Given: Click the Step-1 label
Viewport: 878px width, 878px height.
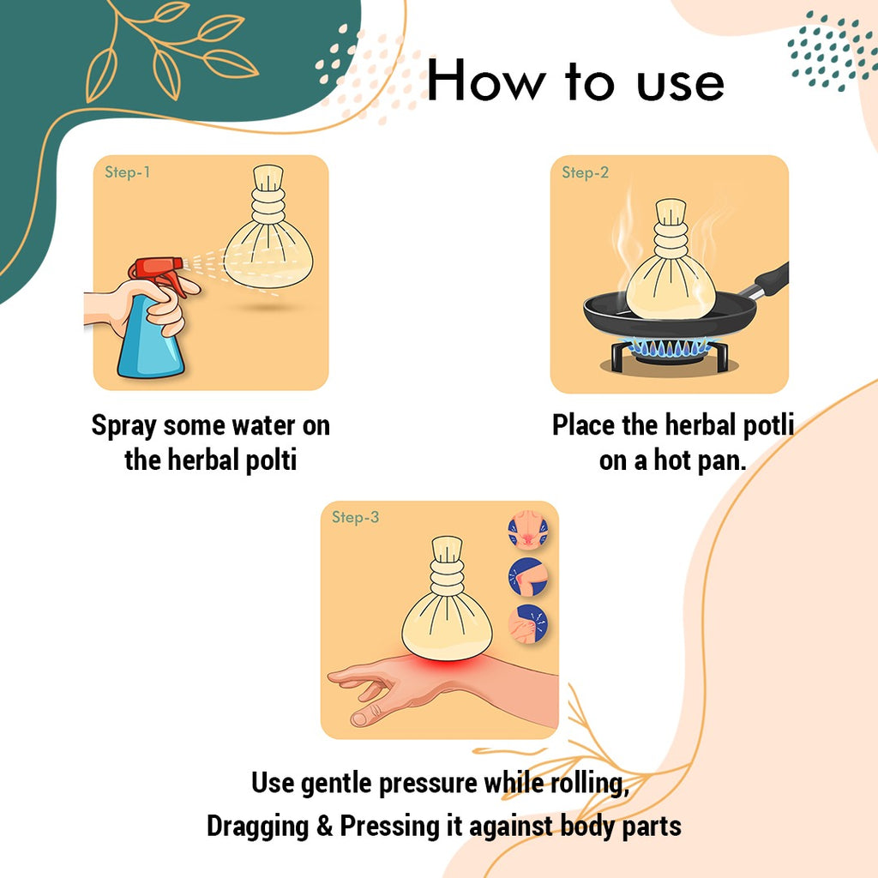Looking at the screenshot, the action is point(127,171).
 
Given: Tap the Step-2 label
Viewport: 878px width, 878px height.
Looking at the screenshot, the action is point(585,171).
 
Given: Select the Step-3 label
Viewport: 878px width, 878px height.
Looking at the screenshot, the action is point(355,517).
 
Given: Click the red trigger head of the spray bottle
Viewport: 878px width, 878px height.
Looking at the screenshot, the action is point(159,272).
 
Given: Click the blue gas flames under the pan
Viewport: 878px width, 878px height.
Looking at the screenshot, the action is point(670,348).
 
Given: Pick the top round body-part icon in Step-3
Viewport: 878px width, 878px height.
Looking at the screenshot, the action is point(527,530).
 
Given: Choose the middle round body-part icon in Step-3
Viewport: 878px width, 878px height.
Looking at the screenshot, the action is point(527,577).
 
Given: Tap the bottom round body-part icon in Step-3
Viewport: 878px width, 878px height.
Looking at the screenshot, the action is point(527,624).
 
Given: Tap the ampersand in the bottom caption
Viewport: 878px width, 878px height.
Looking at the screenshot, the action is point(324,826).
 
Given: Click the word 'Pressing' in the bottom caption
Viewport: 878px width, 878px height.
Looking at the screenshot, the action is point(390,827).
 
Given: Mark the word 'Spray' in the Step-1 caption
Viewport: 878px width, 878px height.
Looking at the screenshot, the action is point(123,426).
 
